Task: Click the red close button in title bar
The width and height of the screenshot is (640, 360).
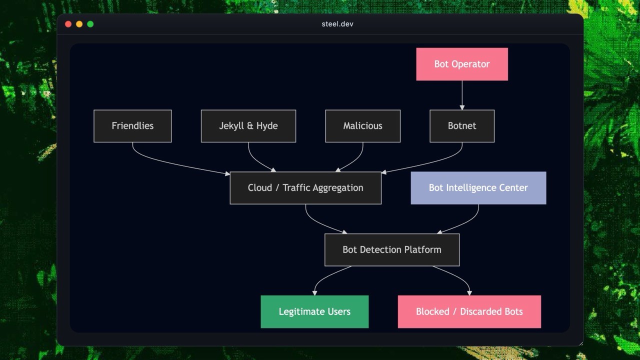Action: [x=68, y=24]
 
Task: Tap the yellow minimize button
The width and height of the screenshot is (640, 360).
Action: [x=79, y=24]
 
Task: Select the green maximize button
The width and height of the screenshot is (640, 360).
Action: [x=90, y=24]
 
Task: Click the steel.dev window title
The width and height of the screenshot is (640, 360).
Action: [x=337, y=24]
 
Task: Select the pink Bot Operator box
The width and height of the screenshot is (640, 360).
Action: [x=462, y=64]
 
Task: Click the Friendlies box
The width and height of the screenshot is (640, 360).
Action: [x=132, y=126]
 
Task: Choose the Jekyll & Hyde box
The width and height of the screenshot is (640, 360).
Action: [x=248, y=126]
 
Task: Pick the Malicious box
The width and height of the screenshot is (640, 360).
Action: [x=362, y=126]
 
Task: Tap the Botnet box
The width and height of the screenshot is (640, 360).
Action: [x=462, y=126]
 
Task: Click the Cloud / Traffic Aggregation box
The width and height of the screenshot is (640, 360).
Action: [x=305, y=188]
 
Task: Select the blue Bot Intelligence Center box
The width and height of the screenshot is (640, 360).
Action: [x=478, y=188]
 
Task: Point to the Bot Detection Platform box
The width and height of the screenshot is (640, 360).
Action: [x=392, y=249]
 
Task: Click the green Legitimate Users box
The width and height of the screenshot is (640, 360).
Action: [x=314, y=311]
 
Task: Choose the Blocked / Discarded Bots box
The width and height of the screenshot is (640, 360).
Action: [x=469, y=311]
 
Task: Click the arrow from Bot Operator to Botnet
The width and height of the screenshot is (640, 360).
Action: [x=462, y=95]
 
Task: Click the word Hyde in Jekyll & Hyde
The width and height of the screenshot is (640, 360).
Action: [x=266, y=126]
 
